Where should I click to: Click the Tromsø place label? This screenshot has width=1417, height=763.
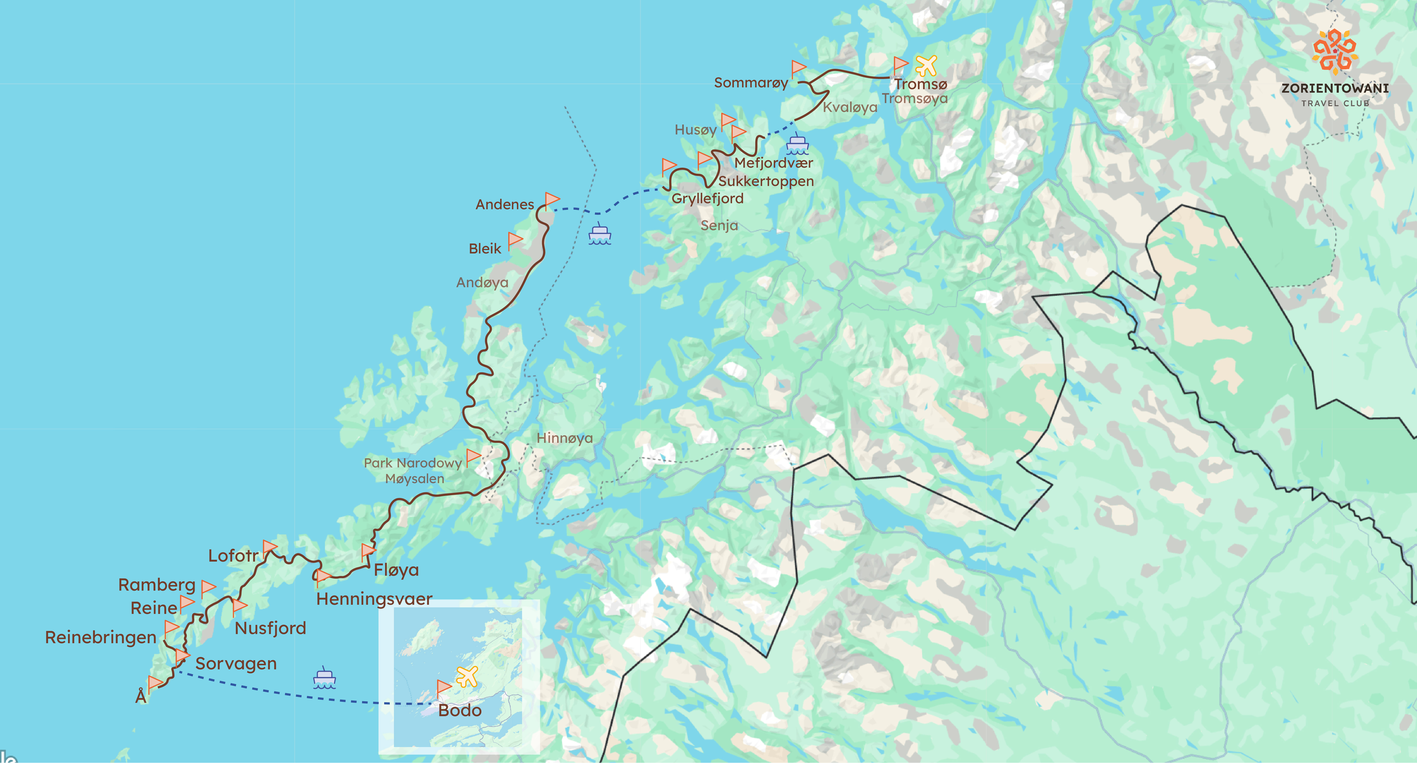(920, 84)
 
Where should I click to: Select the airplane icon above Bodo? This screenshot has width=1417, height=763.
(467, 676)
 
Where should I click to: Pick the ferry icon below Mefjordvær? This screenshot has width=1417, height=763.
(797, 144)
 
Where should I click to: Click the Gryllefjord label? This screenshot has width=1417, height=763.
(707, 199)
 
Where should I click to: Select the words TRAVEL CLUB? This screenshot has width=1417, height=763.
(1335, 103)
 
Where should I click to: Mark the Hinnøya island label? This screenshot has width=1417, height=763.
(564, 438)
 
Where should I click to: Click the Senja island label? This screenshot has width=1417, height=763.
(719, 225)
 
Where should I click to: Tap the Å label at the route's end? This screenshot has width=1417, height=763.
(141, 697)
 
